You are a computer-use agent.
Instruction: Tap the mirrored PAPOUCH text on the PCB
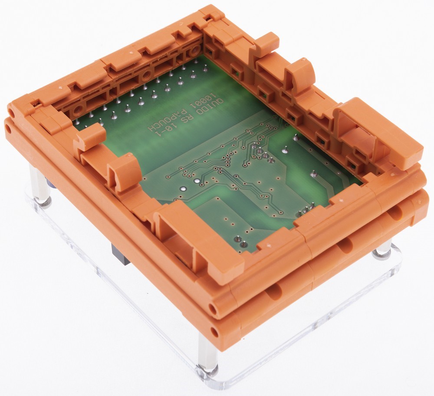[166, 118]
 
